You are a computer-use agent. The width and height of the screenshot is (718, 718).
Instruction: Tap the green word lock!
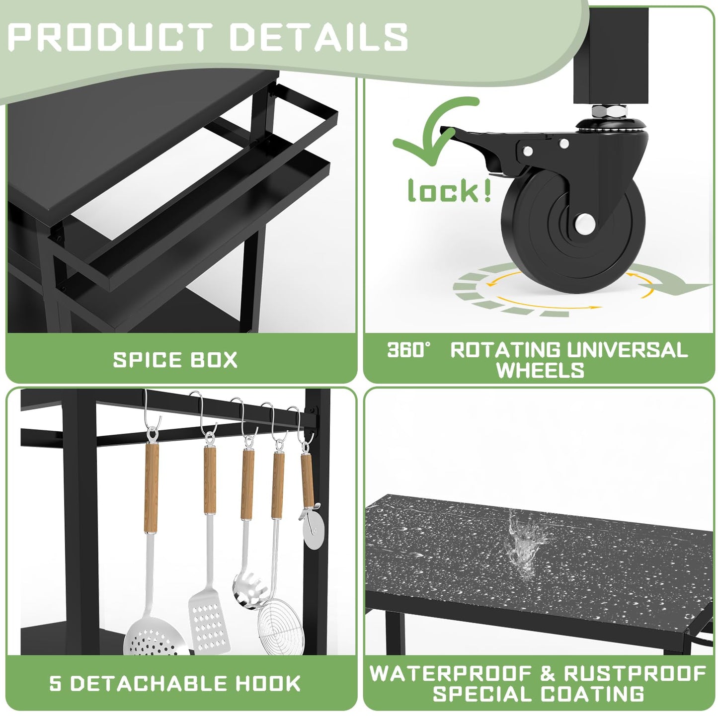point(449,190)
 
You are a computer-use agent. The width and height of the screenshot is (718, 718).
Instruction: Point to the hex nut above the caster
point(610,111)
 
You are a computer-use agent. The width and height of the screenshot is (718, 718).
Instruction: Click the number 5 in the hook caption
point(55,683)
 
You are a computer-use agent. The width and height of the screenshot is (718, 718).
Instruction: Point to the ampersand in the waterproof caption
point(547,674)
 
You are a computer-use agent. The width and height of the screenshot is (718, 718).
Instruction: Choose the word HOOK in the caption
point(268,683)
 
